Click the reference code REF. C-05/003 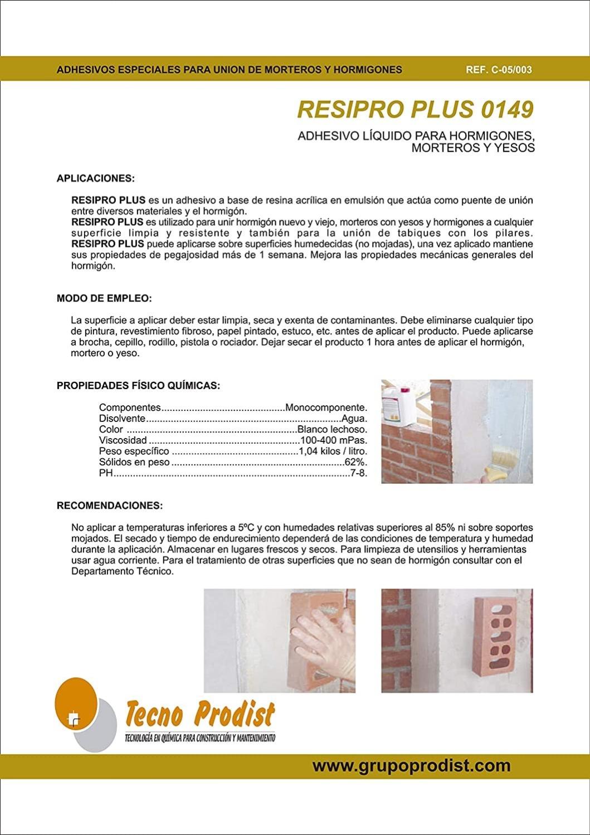499,70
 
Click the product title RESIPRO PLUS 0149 415,110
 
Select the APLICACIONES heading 96,179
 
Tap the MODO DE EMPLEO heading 104,298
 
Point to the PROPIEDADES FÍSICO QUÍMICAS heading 138,385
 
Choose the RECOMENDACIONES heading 110,506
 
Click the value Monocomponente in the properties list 326,407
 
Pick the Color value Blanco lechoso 332,429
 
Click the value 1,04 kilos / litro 333,451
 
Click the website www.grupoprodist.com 411,765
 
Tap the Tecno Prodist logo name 200,716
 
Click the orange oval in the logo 75,702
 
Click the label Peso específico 134,451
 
